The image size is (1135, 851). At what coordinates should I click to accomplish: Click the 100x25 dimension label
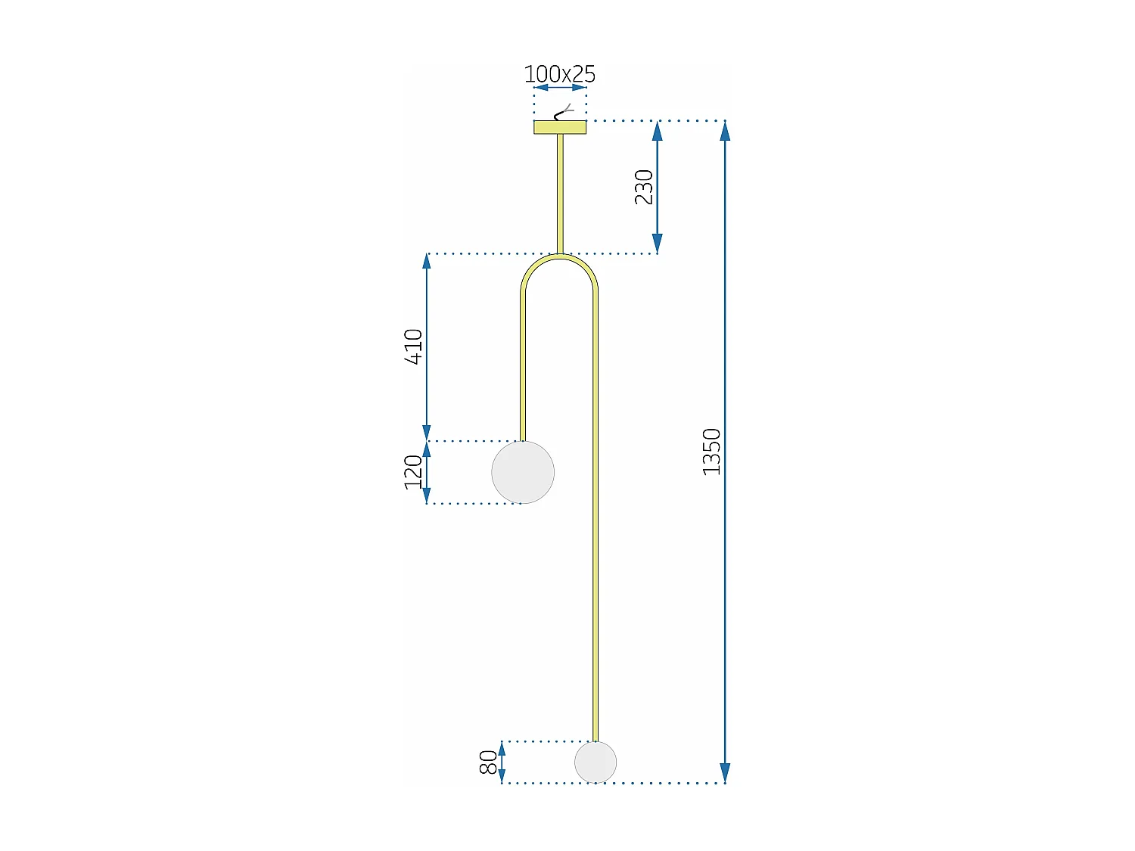pos(560,74)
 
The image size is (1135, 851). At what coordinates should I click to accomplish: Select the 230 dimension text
pos(643,187)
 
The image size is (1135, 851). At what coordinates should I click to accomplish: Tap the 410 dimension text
pos(413,346)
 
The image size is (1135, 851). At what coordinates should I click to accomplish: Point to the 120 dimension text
pos(413,472)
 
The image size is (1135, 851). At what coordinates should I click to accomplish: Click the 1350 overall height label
pos(711,452)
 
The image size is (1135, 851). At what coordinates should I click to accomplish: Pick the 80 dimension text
pos(489,762)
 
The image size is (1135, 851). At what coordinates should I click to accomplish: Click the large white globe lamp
pos(523,472)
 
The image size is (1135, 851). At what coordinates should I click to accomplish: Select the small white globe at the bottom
pos(595,762)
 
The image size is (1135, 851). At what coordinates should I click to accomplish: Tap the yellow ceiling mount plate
pos(560,127)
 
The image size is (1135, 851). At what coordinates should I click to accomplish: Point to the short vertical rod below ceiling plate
pos(560,193)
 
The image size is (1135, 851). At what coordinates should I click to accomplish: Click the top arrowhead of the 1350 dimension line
pos(725,131)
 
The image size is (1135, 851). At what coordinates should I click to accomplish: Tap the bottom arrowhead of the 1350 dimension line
pos(725,772)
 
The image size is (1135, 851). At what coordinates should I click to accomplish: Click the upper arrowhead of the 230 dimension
pos(658,131)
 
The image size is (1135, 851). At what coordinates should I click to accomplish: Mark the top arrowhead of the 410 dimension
pos(427,262)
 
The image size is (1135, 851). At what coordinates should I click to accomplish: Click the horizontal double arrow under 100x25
pos(560,88)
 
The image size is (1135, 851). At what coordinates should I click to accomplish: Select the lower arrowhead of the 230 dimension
pos(658,244)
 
